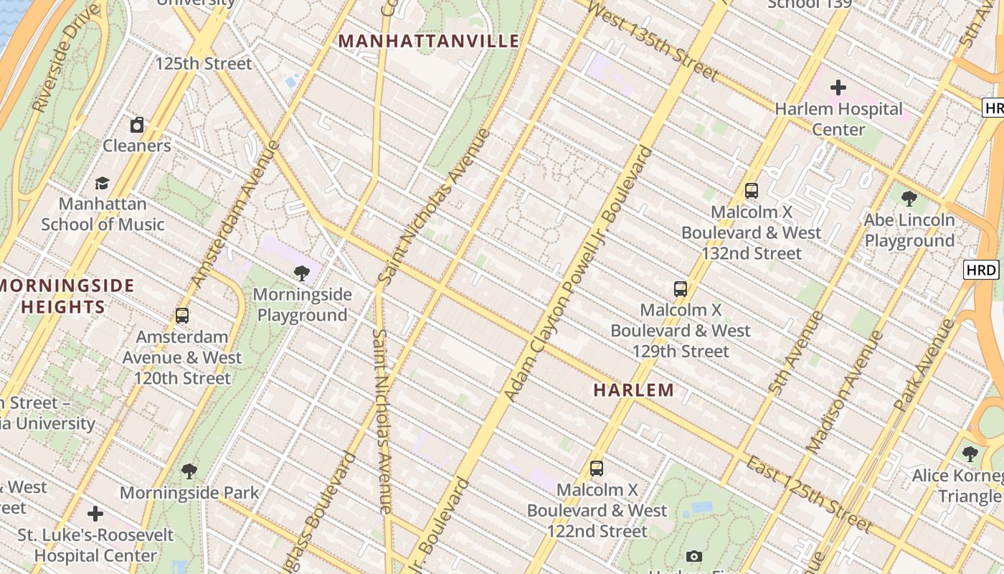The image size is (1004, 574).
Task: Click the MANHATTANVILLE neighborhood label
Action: (429, 41)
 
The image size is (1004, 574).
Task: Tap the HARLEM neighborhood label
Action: (634, 390)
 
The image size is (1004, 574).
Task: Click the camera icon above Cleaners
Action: (137, 125)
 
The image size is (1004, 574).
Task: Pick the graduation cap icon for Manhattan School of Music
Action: (103, 183)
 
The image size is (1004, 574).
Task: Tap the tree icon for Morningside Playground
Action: (302, 273)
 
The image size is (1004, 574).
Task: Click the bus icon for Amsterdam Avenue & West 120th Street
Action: (182, 315)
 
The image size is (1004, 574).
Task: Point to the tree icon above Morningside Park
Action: (189, 471)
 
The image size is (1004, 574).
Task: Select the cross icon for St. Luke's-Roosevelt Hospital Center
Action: (95, 514)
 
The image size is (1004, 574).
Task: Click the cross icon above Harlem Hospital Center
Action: (838, 88)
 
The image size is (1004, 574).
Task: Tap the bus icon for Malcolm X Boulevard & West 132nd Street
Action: (751, 191)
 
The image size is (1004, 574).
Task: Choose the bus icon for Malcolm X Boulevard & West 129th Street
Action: (681, 289)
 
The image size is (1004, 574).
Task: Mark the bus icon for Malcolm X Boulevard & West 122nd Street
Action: (597, 469)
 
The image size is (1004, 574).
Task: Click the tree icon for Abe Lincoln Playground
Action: (909, 198)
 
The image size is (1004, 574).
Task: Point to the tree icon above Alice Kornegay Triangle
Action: (970, 453)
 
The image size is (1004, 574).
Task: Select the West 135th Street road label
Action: (652, 41)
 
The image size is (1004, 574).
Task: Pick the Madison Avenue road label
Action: (844, 391)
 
